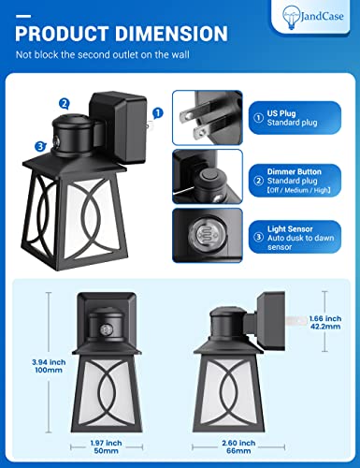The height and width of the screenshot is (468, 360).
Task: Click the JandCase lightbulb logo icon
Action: (x=290, y=17)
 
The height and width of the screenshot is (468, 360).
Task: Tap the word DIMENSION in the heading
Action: (x=171, y=34)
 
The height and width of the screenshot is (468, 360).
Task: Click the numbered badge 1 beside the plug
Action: (x=158, y=113)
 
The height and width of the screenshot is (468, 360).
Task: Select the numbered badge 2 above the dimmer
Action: (x=65, y=103)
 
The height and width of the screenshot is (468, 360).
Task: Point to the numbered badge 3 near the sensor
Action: (x=40, y=146)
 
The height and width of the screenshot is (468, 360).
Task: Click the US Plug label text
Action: (x=281, y=113)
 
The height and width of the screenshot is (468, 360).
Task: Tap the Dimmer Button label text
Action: (x=295, y=171)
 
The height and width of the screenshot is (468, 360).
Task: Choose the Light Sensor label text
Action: (x=290, y=229)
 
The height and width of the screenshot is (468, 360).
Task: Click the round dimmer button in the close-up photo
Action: (x=207, y=177)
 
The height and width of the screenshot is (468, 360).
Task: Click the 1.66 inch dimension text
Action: (x=325, y=318)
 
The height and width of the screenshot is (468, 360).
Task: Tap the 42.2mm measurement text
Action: (x=325, y=327)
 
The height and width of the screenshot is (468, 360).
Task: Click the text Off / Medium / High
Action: (x=299, y=190)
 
